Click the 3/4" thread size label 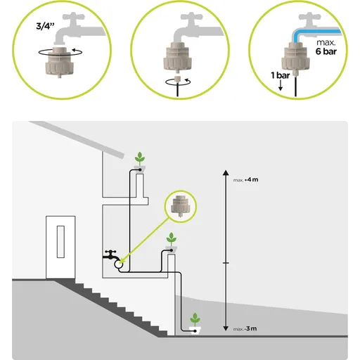coord(45,25)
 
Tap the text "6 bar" coord(326,51)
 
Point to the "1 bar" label coord(281,75)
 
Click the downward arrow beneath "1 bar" coord(281,86)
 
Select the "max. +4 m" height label coord(245,180)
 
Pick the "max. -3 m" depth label coord(245,328)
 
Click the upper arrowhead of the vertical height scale coord(226,173)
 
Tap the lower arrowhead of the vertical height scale coord(226,328)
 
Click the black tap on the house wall coord(111,255)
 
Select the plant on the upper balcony coord(140,158)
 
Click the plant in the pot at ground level coord(195,319)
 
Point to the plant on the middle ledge coord(172,239)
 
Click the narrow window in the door coord(60,242)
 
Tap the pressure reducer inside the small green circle coord(180,206)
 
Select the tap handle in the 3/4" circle coord(73,17)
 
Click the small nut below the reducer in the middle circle coord(178,78)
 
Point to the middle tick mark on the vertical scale coord(226,263)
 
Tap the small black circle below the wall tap coord(118,264)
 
